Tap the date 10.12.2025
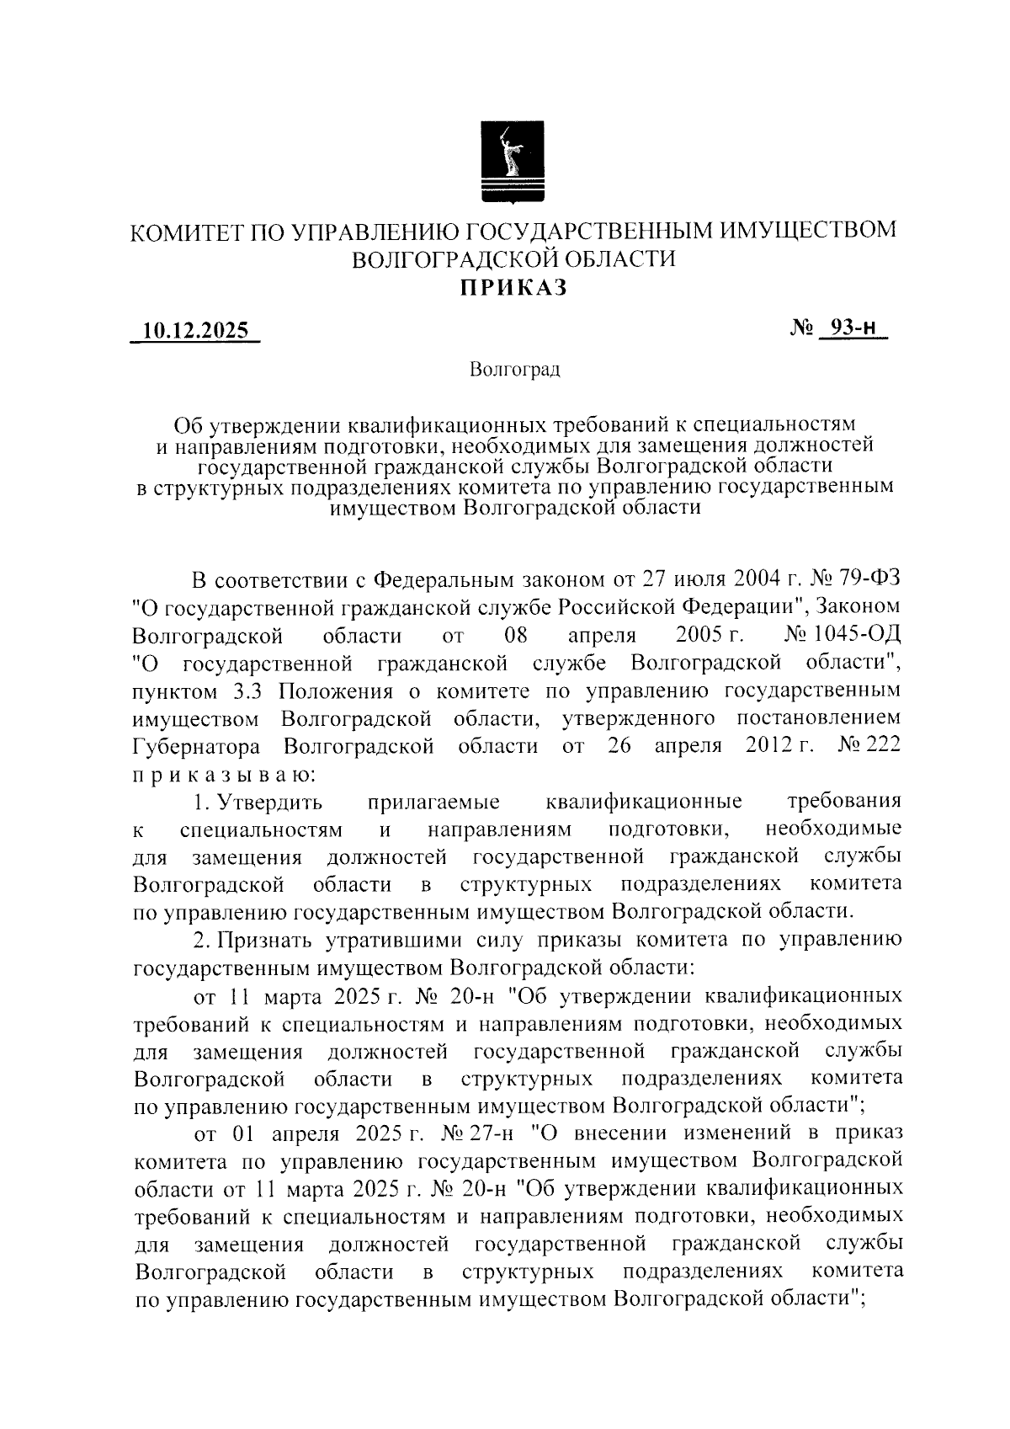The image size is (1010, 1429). [x=195, y=331]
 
